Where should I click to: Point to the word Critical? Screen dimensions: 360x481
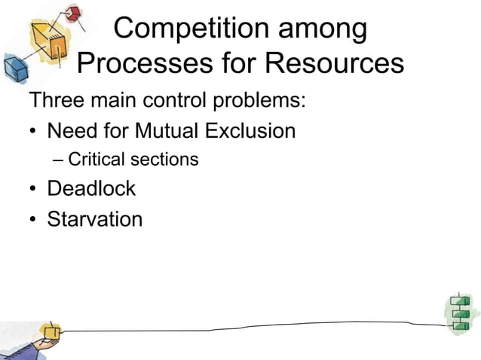[x=96, y=160]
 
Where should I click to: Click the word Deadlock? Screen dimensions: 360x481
[x=91, y=188]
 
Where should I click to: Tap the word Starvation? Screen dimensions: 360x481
[x=94, y=219]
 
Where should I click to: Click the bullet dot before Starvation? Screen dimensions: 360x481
[x=33, y=221]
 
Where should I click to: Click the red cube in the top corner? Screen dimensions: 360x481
[x=72, y=14]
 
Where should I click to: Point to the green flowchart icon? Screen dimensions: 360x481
[x=459, y=312]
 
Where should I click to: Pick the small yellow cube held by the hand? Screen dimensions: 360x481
[x=51, y=331]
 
